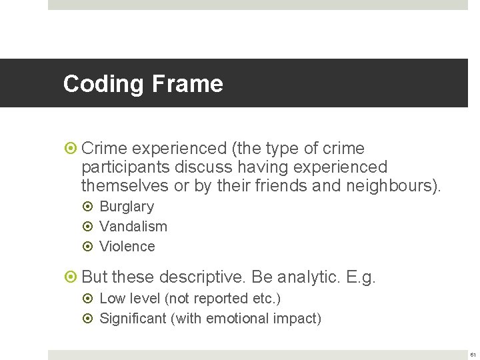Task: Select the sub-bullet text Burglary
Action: pos(127,207)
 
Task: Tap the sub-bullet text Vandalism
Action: pos(133,227)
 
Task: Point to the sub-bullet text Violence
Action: pos(127,247)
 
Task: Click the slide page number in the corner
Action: pos(471,354)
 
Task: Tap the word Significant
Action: pos(133,319)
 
